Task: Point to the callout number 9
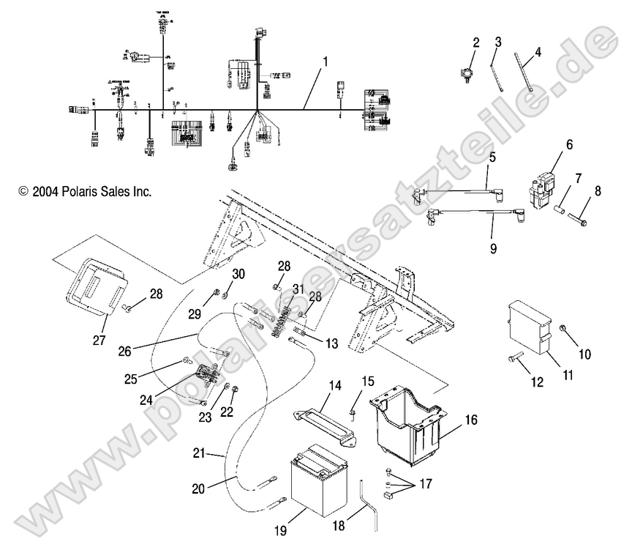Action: point(492,248)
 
